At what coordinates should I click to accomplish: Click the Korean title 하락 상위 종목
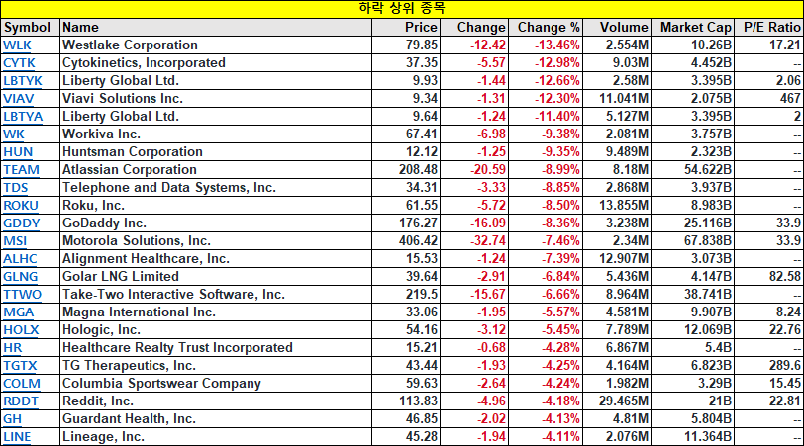coord(402,8)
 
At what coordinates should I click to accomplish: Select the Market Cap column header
coord(695,27)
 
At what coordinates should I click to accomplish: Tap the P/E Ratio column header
coord(772,27)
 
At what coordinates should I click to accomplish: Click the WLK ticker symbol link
coord(17,45)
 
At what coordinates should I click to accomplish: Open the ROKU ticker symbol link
coord(21,206)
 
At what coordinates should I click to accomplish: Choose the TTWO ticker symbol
coord(22,295)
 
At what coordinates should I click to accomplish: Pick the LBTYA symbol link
coord(23,117)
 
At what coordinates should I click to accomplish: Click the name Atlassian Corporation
coord(129,169)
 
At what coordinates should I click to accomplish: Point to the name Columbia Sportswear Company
coord(161,384)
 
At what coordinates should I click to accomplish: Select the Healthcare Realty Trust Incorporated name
coord(177,348)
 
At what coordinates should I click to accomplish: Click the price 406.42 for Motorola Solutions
coord(419,240)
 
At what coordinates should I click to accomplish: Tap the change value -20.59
coord(488,169)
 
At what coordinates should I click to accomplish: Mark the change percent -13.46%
coord(557,45)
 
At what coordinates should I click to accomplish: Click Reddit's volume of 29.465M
coord(624,401)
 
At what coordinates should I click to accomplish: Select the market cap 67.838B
coord(708,240)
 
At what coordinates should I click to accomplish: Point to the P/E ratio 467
coord(790,98)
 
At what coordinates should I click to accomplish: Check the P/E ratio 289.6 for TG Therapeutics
coord(785,366)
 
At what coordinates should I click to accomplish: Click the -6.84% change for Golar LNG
coord(560,277)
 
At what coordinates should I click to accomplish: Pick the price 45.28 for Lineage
coord(422,437)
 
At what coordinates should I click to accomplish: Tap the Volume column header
coord(624,27)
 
